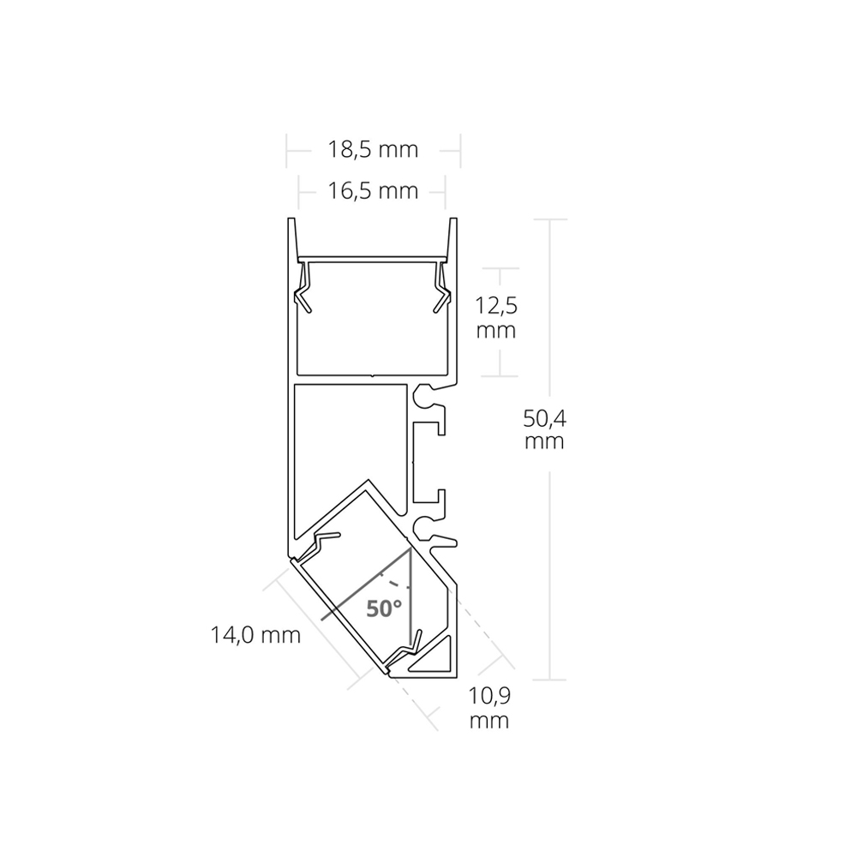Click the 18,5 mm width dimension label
[x=373, y=149]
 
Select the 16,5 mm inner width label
[x=373, y=191]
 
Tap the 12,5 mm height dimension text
[x=495, y=318]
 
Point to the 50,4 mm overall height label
[x=544, y=429]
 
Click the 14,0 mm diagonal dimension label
[x=255, y=634]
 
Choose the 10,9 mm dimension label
[x=489, y=708]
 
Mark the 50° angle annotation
[x=384, y=608]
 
